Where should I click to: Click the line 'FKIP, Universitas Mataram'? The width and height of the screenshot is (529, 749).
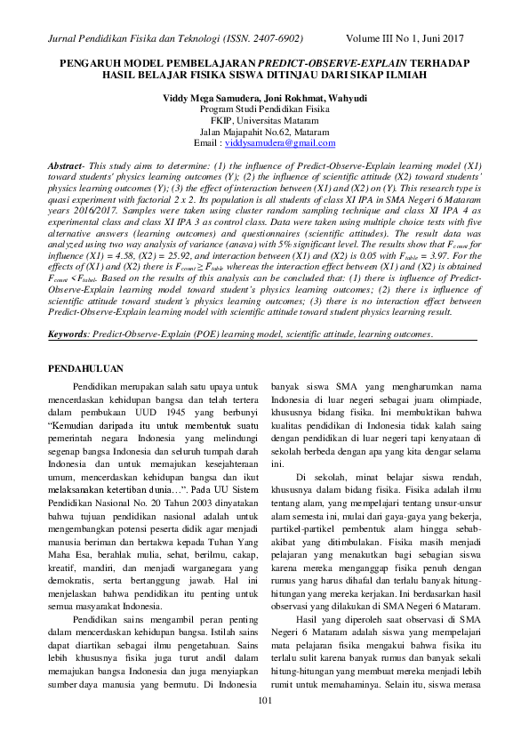[x=264, y=119]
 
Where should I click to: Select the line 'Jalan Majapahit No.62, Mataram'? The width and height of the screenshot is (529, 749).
[x=264, y=131]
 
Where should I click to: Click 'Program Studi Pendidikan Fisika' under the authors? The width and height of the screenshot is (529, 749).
[x=264, y=108]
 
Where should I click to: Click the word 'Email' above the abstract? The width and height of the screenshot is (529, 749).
[x=206, y=142]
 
